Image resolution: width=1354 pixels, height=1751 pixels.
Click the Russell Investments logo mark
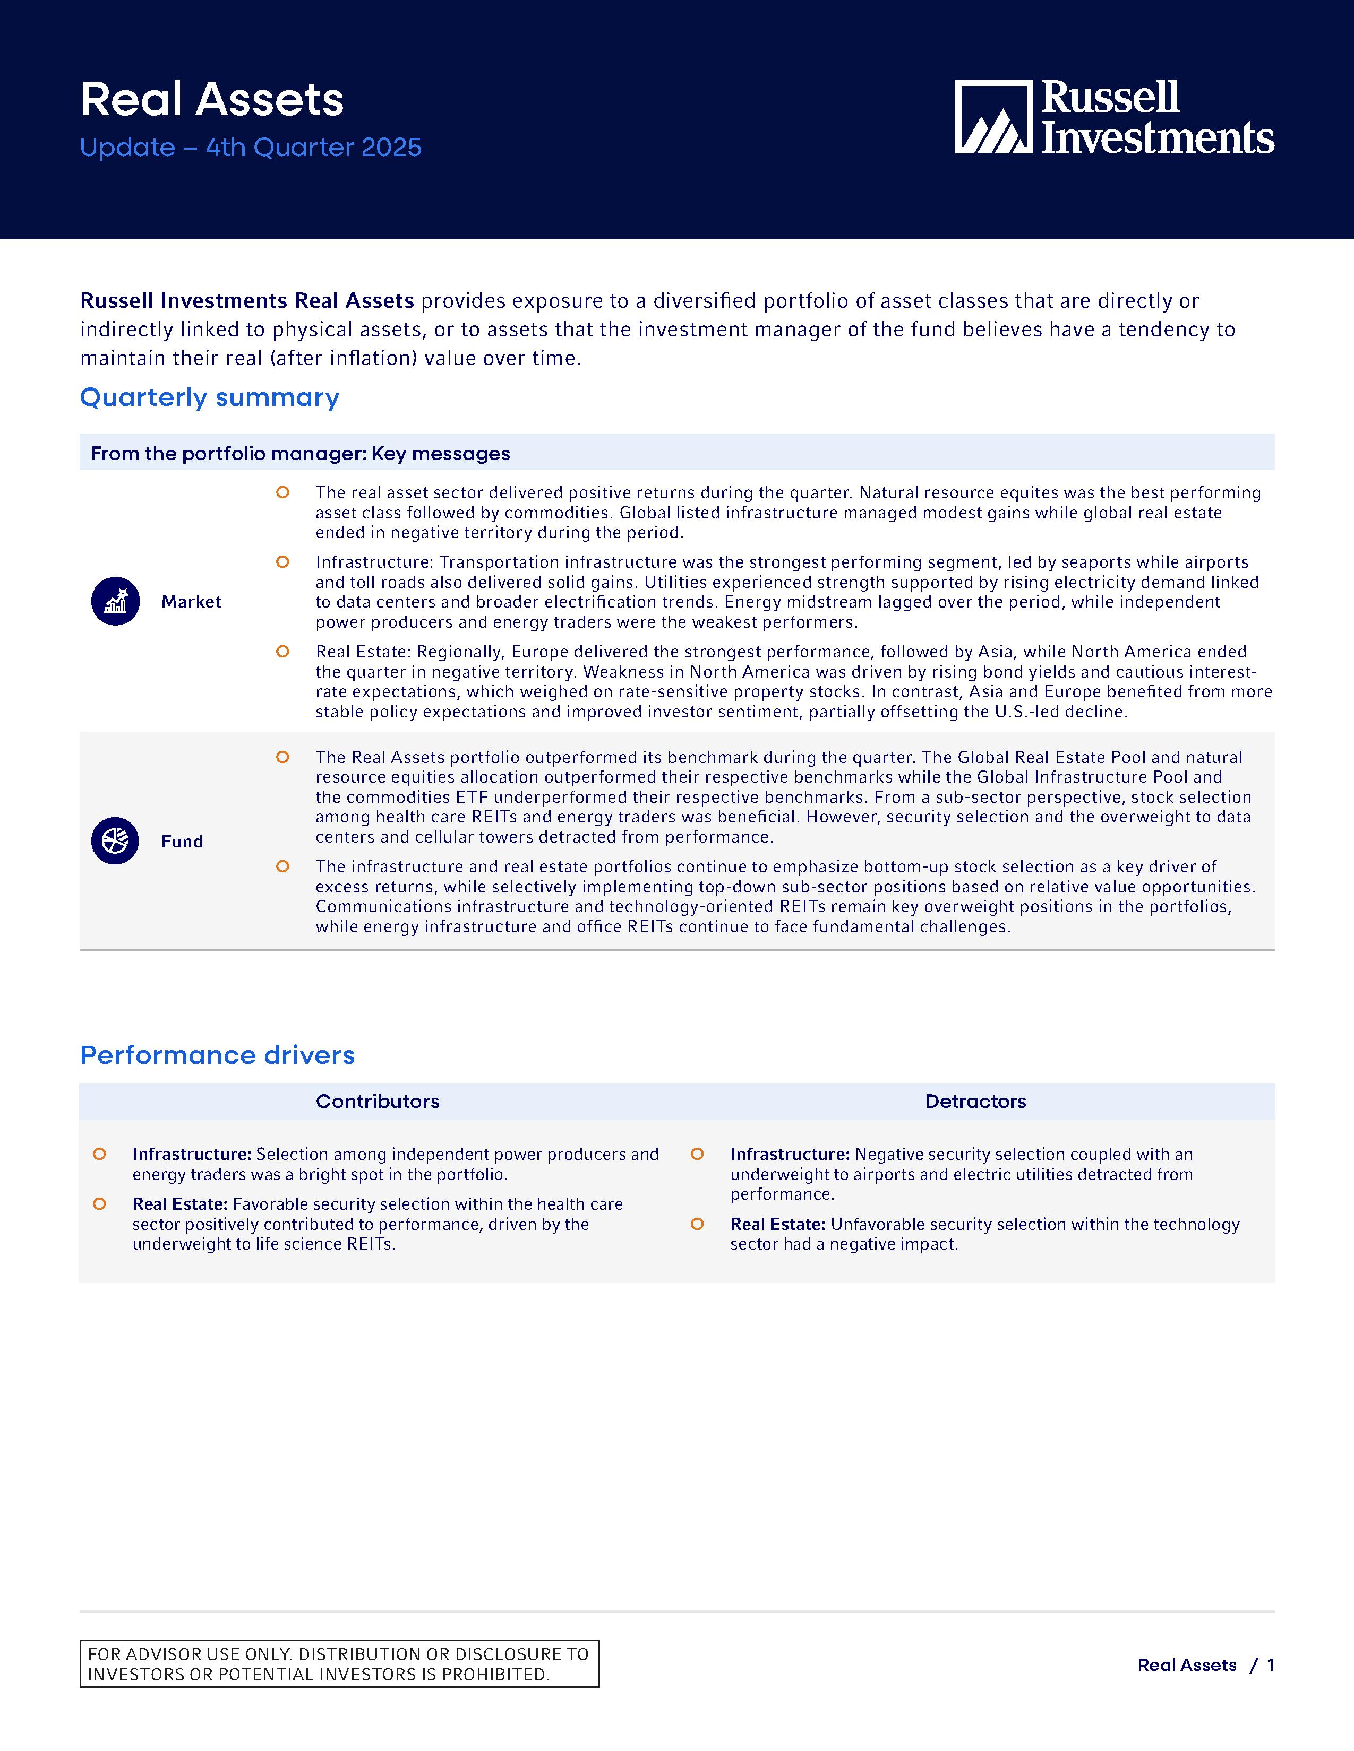[x=993, y=117]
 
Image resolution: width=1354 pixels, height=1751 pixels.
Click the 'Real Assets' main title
[x=212, y=100]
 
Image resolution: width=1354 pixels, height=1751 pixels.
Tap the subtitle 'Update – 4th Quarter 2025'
[x=250, y=148]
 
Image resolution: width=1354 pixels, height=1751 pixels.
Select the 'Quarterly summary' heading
[x=209, y=397]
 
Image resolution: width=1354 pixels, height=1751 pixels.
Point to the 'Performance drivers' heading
[x=217, y=1055]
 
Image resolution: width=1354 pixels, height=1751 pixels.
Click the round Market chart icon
[x=116, y=601]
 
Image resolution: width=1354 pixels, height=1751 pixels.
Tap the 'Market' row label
[x=191, y=602]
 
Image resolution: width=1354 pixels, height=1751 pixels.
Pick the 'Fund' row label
[x=182, y=842]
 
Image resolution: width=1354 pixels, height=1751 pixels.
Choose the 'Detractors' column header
[x=975, y=1102]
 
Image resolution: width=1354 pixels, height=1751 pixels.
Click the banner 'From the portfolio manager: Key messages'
[x=300, y=454]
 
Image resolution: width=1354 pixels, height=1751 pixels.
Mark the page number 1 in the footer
[x=1271, y=1665]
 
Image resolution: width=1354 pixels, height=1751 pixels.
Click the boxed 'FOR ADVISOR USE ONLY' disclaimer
[x=339, y=1665]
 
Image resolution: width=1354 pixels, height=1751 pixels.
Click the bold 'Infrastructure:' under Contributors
[x=192, y=1155]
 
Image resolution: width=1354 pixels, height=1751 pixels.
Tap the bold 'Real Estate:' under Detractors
[x=777, y=1224]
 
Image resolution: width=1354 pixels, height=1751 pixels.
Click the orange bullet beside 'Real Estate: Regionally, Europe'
[x=282, y=652]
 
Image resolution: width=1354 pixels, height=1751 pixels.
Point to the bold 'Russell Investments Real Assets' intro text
[x=247, y=301]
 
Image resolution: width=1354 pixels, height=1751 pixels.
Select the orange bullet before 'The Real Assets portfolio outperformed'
[x=282, y=757]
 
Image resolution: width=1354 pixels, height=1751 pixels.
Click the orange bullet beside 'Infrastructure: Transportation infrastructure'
[x=282, y=562]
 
